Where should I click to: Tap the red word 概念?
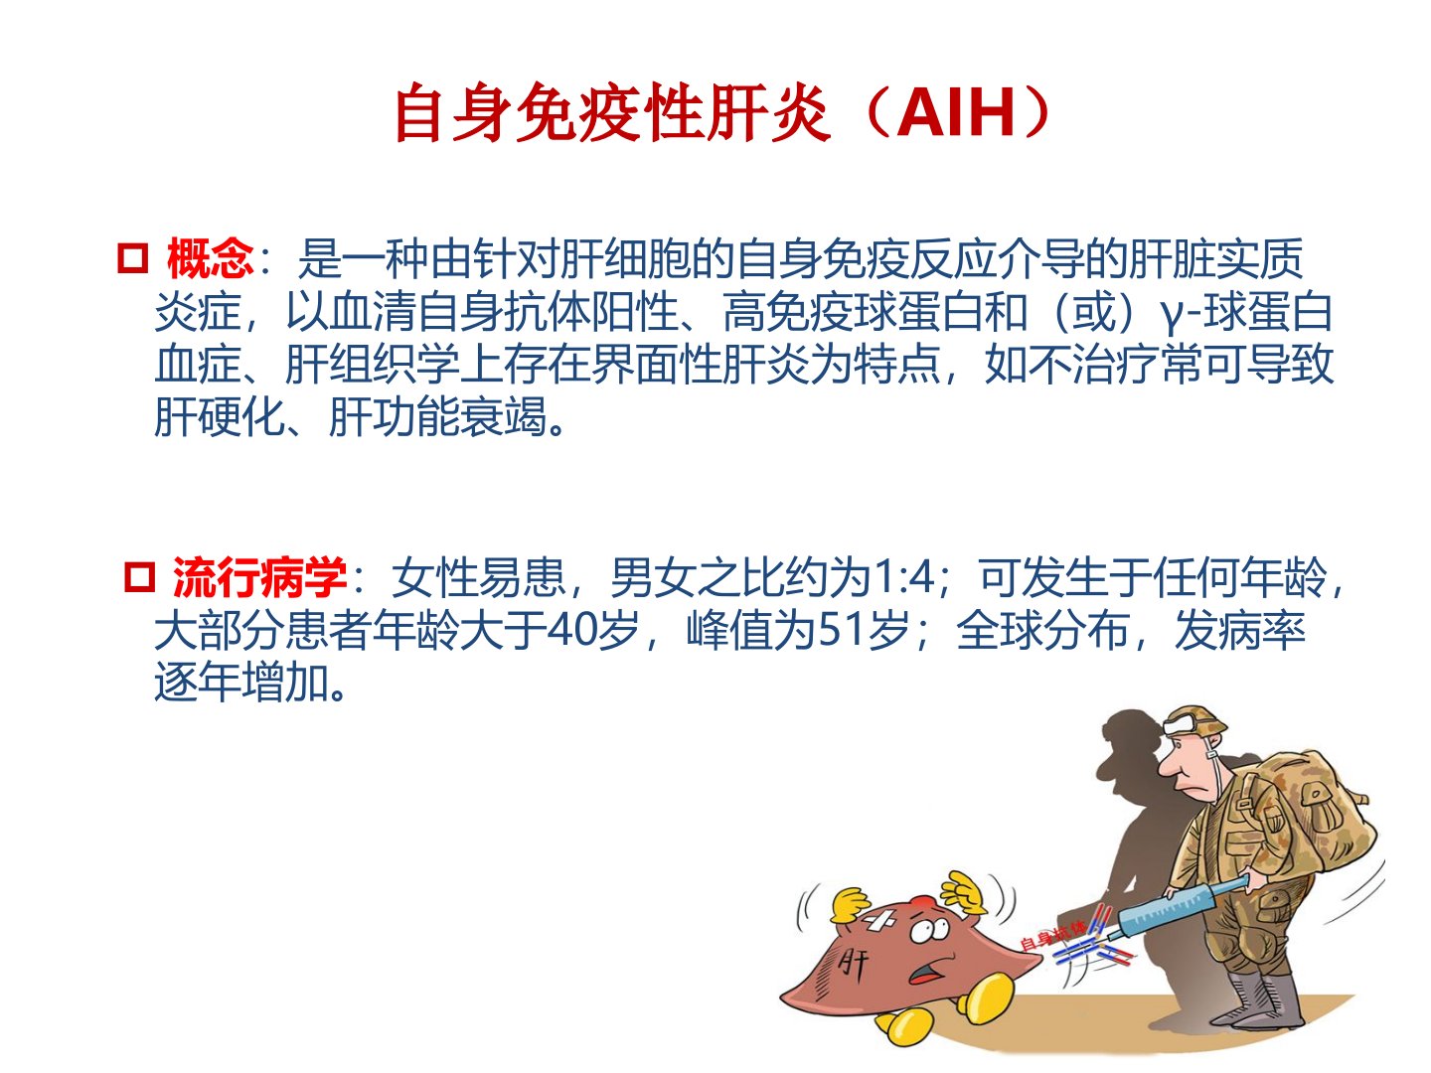click(x=210, y=258)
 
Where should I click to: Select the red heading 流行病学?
click(x=259, y=576)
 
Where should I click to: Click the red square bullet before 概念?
click(x=133, y=258)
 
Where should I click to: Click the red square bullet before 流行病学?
click(x=139, y=576)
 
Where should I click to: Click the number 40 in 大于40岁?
click(x=569, y=630)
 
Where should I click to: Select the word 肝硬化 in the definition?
click(x=219, y=417)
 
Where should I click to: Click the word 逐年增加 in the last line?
click(x=241, y=683)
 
